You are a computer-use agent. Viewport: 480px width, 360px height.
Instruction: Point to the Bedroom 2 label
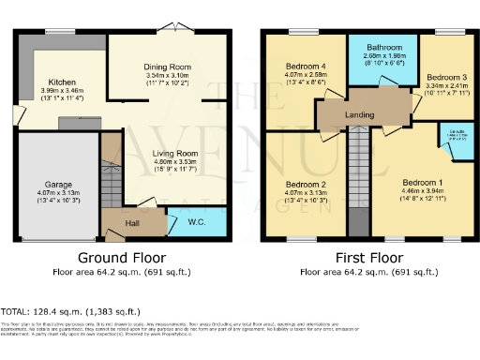click(306, 184)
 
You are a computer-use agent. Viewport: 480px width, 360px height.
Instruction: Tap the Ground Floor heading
click(122, 257)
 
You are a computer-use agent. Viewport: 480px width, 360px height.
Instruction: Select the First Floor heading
click(367, 257)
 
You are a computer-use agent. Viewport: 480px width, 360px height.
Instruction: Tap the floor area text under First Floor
click(367, 272)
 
